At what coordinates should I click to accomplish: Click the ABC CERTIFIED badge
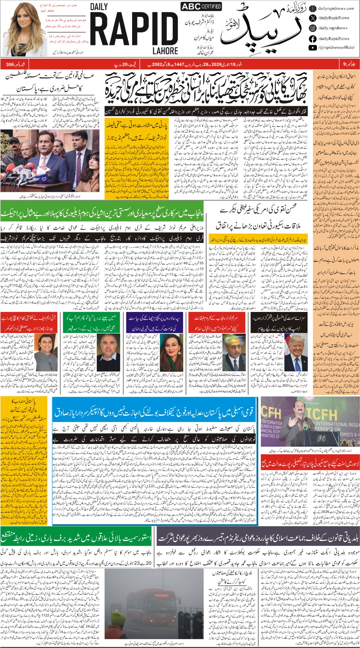tap(201, 6)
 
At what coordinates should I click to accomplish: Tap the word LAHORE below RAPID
tap(165, 51)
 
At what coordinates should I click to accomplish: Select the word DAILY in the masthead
tap(99, 7)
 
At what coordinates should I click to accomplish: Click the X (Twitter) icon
tap(312, 18)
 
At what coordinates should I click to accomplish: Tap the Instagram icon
tap(312, 28)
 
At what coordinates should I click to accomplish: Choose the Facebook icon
tap(312, 39)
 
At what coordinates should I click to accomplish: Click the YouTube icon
tap(312, 48)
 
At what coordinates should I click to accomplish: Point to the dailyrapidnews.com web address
tap(336, 9)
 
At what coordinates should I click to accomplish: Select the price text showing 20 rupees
tap(126, 65)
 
